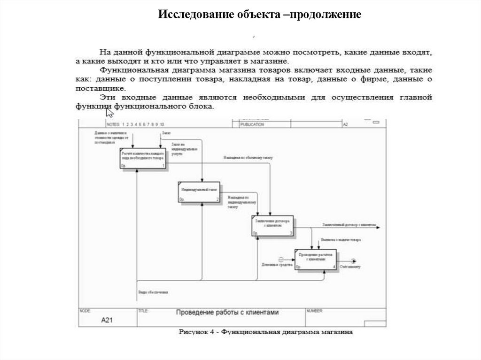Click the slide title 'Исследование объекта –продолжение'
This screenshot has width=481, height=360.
(x=259, y=15)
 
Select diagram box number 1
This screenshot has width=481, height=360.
(x=143, y=158)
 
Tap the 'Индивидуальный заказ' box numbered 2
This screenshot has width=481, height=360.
(x=199, y=192)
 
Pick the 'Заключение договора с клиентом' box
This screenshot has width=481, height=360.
(x=272, y=226)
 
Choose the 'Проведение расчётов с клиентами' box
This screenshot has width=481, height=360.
(x=316, y=259)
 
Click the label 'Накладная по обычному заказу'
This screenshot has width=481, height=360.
(x=248, y=158)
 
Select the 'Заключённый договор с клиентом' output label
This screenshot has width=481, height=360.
(x=349, y=225)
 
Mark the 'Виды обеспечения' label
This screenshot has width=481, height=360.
(x=153, y=292)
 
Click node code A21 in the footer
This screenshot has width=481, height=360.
(x=107, y=321)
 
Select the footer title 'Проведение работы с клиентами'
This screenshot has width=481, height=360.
(x=227, y=312)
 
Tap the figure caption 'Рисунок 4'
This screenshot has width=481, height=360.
(x=197, y=332)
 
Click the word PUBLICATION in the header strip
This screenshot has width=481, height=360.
(x=252, y=125)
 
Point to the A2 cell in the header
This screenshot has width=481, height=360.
(x=345, y=125)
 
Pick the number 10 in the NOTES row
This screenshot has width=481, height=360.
(x=162, y=125)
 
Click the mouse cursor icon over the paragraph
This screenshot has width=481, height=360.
(x=109, y=113)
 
